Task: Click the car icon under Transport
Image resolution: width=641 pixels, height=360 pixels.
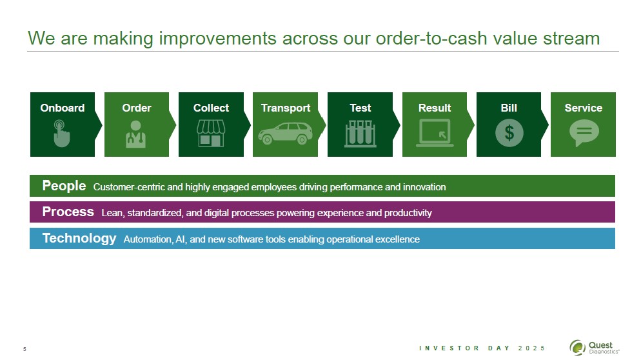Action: tap(285, 132)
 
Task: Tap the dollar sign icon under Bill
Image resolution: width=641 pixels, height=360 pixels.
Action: tap(509, 132)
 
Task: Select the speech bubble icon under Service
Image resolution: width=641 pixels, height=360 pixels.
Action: tap(584, 132)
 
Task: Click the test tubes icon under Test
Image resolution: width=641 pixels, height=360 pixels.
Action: tap(360, 132)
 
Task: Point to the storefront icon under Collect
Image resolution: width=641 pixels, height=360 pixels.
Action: tap(210, 132)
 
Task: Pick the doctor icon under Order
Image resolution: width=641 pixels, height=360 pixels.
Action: tap(136, 132)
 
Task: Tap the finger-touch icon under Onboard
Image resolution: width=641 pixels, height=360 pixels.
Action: tap(61, 132)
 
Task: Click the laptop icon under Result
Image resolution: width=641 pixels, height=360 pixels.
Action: tap(434, 134)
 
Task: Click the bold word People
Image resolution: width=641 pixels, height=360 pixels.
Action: tap(64, 186)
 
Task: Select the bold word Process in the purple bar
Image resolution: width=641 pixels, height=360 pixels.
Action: tap(68, 212)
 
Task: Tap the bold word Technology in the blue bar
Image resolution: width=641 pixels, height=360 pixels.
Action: tap(79, 238)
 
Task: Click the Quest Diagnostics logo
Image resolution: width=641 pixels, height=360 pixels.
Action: tap(594, 347)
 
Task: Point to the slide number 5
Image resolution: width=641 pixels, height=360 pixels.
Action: tap(25, 350)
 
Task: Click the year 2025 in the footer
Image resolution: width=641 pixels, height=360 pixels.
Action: tap(531, 348)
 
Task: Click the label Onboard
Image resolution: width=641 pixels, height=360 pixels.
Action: tap(62, 108)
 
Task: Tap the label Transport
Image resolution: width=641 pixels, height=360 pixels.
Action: tap(285, 108)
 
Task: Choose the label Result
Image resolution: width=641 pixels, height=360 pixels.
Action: tap(434, 108)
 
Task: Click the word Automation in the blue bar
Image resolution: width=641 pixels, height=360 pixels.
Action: tap(146, 239)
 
